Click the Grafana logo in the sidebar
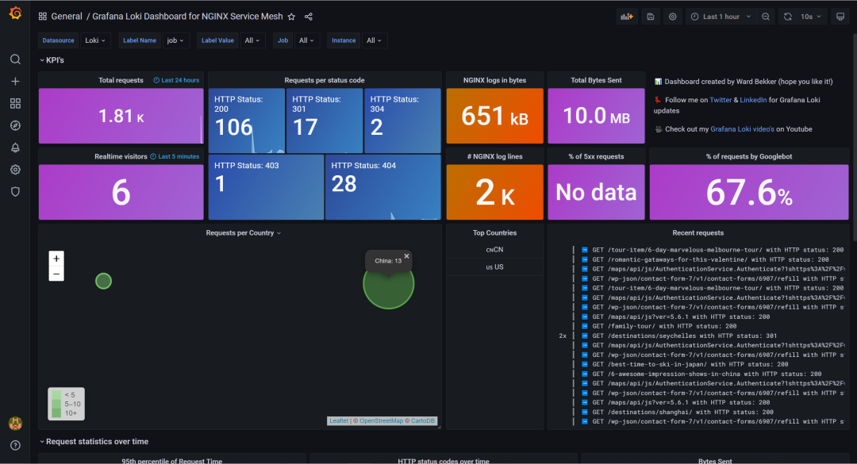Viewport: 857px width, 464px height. click(15, 15)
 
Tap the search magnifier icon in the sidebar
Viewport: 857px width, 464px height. click(15, 59)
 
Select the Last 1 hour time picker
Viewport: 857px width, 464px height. click(715, 17)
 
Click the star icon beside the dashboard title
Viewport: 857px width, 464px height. click(291, 17)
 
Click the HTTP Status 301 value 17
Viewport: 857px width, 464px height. click(306, 127)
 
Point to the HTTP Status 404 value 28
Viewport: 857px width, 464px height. click(344, 184)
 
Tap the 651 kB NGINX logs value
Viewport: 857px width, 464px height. click(494, 117)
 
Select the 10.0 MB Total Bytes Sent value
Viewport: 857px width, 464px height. click(596, 117)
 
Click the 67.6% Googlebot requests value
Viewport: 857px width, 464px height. click(748, 193)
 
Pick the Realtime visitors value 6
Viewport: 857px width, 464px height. click(121, 193)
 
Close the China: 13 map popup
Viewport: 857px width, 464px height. click(407, 256)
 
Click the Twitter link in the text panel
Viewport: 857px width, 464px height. click(721, 100)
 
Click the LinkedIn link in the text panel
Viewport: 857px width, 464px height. click(753, 100)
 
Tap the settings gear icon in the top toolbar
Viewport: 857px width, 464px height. click(673, 17)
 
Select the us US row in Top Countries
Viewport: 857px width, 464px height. click(494, 267)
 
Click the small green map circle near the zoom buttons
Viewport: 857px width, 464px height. click(103, 281)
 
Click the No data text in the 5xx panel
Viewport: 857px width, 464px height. click(596, 193)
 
